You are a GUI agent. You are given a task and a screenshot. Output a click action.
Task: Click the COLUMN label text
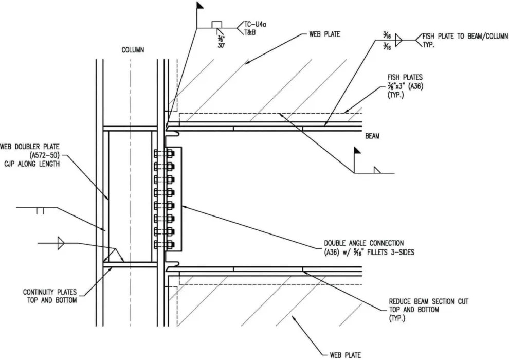[133, 50]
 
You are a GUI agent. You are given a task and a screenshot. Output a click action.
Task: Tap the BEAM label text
[372, 137]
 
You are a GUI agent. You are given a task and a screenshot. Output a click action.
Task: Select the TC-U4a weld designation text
[256, 24]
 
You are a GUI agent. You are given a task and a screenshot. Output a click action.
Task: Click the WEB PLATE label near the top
[324, 35]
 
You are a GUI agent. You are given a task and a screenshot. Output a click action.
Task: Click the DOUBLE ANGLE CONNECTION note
[363, 247]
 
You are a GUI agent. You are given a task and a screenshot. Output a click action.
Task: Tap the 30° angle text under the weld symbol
[221, 45]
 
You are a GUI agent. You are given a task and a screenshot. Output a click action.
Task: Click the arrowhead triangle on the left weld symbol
[61, 242]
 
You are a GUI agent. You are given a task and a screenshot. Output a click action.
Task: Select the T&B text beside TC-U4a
[250, 32]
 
